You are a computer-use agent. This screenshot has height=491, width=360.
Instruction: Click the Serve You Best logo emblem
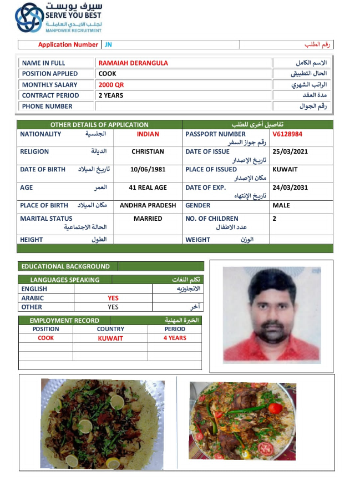coord(28,17)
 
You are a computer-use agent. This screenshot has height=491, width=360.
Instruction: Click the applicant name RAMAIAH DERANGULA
coord(133,63)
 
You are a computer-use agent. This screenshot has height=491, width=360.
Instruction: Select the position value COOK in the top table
coord(107,74)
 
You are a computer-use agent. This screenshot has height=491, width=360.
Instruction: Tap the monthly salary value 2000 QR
coord(111,85)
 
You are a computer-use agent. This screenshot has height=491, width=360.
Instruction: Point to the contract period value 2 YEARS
coord(111,95)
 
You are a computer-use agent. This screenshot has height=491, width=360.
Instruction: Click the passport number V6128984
coord(287,134)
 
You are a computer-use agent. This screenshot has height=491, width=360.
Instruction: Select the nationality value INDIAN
coord(148,134)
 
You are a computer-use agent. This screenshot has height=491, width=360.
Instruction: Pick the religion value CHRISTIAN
coord(148,151)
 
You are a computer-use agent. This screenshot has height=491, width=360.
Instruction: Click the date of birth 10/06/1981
coord(148,169)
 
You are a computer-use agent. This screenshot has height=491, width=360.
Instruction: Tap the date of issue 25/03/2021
coord(290,151)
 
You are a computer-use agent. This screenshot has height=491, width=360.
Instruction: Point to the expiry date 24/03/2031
coord(290,188)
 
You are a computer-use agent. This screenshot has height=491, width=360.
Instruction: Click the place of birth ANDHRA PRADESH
coord(148,205)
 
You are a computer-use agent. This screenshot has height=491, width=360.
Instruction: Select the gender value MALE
coord(281,205)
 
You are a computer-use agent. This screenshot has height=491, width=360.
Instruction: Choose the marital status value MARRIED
coord(148,219)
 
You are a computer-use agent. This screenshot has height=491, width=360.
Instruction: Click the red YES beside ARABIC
coord(113,298)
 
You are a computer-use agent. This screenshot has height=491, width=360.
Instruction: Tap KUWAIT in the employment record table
coord(110,338)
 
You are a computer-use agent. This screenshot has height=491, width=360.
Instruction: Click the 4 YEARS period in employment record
coord(175,338)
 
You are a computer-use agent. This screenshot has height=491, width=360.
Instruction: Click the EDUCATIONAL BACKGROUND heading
coord(65,266)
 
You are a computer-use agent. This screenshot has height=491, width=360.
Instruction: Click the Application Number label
coord(68,44)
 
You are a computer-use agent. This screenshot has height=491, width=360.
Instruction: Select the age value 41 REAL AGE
coord(148,188)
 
